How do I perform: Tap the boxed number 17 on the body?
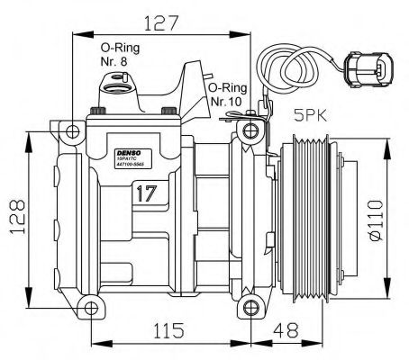click(147, 192)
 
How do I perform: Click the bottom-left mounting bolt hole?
click(88, 310)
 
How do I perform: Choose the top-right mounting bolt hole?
click(249, 135)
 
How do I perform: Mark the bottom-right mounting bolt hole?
click(249, 310)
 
